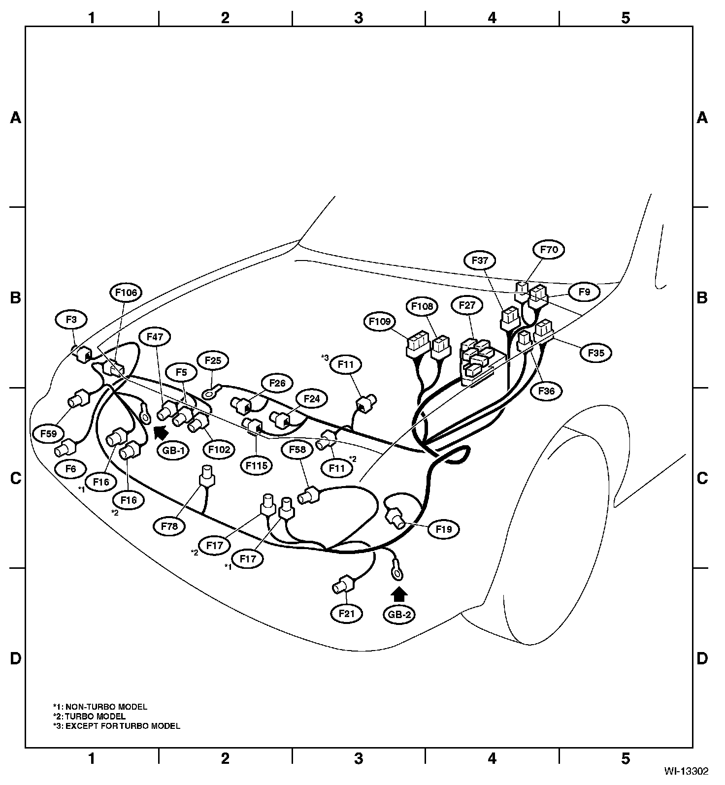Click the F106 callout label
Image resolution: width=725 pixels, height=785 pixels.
pyautogui.click(x=126, y=293)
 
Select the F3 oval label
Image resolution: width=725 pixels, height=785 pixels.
pyautogui.click(x=71, y=320)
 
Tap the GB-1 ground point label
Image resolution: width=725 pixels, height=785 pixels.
pyautogui.click(x=173, y=450)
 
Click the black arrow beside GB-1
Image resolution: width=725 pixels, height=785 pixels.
pyautogui.click(x=160, y=432)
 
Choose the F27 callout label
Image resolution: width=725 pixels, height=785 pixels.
pyautogui.click(x=466, y=305)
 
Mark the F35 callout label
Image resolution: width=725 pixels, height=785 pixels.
pyautogui.click(x=595, y=353)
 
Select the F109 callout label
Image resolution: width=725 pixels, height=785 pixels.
pyautogui.click(x=380, y=322)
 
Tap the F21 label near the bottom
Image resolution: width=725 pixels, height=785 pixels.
pyautogui.click(x=347, y=614)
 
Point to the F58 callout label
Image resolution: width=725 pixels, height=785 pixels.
pyautogui.click(x=297, y=450)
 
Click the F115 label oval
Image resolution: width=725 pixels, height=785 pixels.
pyautogui.click(x=257, y=464)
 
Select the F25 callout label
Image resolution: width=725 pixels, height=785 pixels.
pyautogui.click(x=213, y=360)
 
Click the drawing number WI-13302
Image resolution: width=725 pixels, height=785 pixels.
pyautogui.click(x=686, y=771)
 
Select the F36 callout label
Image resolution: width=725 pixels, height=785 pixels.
pyautogui.click(x=546, y=392)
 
